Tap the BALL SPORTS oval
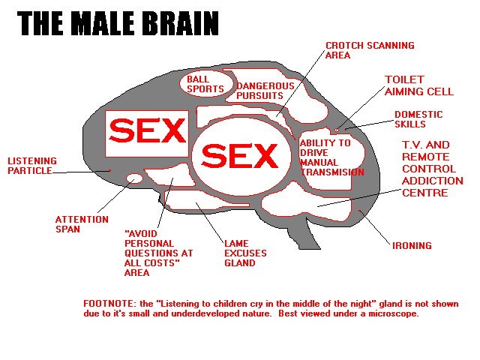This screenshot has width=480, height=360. pos(205,83)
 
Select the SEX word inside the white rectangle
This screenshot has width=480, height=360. pos(147,132)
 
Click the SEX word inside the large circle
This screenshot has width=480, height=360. pos(239,156)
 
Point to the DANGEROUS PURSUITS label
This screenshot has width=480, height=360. pos(259,90)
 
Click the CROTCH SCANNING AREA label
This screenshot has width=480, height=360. pos(369,50)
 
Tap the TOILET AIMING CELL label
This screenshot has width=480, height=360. pos(418,85)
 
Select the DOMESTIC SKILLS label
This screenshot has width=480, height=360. pos(418,119)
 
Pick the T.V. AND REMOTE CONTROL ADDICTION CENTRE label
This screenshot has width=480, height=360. pos(432,169)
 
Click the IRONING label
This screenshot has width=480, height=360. pos(412,245)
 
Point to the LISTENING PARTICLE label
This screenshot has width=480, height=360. pos(30,165)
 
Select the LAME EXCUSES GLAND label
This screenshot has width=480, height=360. pos(244,253)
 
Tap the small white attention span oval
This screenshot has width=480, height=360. pos(135,178)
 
